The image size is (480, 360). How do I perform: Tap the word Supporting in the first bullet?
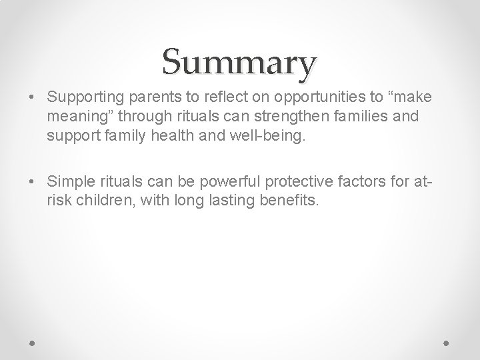tap(80, 98)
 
